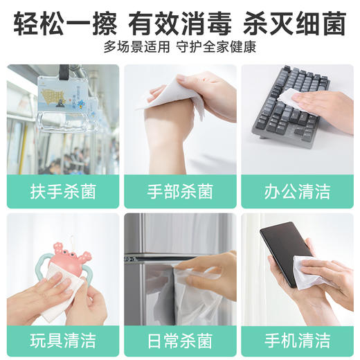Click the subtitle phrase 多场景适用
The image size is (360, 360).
[138, 48]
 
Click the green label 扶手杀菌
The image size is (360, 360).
[63, 191]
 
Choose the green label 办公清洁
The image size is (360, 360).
[297, 191]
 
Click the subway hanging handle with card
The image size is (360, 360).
[62, 100]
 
